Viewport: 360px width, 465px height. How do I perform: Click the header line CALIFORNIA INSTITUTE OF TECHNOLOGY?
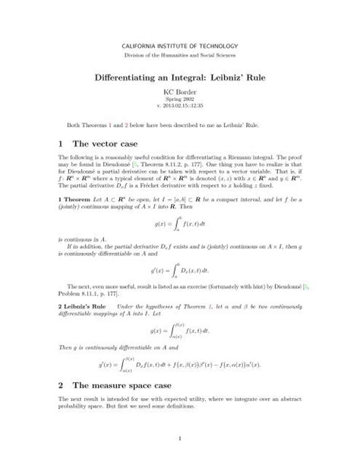(x=180, y=47)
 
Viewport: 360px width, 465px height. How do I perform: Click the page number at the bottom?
(x=180, y=435)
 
